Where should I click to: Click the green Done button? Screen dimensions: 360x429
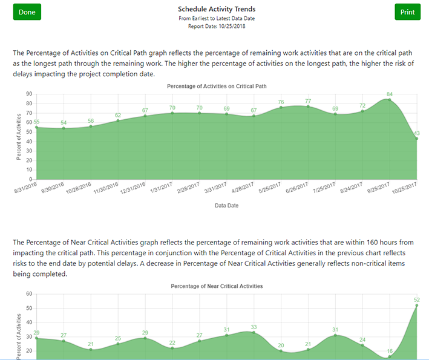point(27,12)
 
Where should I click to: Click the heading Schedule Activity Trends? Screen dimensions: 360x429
point(217,9)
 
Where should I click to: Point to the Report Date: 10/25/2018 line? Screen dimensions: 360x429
point(217,27)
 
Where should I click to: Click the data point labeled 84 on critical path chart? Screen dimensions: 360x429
point(390,100)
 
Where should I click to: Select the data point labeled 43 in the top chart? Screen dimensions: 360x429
point(416,139)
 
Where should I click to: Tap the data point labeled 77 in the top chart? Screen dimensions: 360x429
point(308,106)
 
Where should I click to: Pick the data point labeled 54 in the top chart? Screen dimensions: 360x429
point(64,128)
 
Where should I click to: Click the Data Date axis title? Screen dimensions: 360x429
point(226,206)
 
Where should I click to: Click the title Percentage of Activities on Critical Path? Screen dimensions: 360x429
point(217,86)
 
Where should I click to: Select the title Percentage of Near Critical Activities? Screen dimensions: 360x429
point(217,286)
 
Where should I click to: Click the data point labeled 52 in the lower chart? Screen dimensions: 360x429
point(416,306)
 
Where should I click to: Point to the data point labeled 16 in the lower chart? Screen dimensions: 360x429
point(390,356)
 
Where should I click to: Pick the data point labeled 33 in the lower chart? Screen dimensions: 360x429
point(254,332)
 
